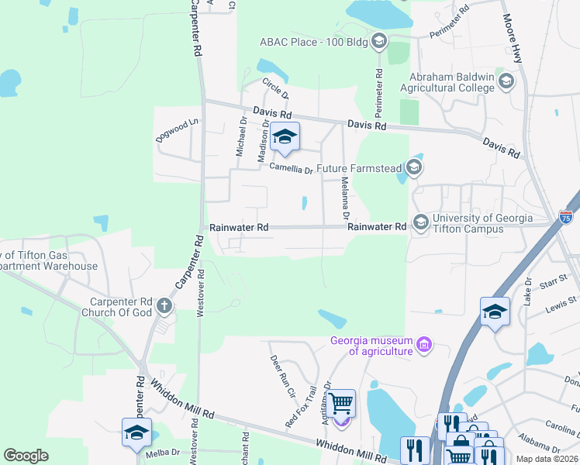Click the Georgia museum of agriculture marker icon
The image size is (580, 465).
pos(423,343)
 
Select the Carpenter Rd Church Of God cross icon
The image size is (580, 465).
pos(164,306)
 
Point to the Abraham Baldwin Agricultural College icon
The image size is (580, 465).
pos(506,81)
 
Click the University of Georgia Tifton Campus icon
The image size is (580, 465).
pos(421,222)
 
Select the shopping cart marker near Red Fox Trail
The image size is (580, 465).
pos(341,404)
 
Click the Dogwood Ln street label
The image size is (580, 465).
pos(178,122)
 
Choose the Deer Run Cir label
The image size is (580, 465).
pos(282,375)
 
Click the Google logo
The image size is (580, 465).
pos(26,456)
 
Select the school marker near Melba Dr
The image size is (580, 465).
pos(136,432)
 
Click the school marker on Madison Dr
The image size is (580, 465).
pos(285,138)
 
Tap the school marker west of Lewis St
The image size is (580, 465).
pos(495,312)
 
